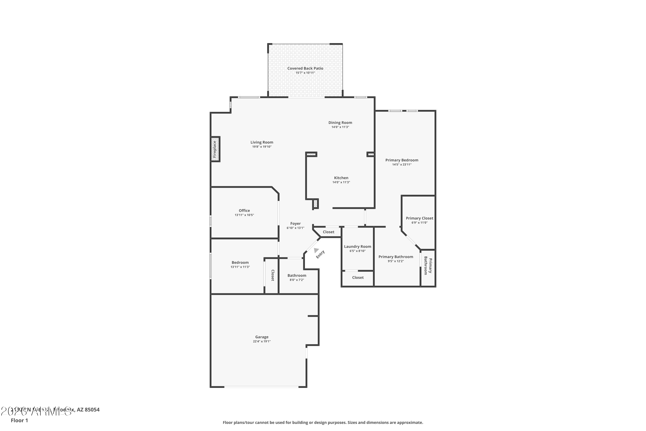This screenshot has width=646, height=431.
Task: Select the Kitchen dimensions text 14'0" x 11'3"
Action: (341, 182)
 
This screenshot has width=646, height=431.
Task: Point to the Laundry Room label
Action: (357, 247)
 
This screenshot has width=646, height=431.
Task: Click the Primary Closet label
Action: (419, 218)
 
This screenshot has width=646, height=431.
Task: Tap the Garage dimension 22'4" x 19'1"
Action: (262, 341)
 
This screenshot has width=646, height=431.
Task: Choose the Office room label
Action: (244, 211)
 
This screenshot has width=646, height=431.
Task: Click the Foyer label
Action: (295, 223)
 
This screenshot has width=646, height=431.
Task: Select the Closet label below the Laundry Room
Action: (358, 278)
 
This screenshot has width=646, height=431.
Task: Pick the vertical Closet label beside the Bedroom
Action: (272, 275)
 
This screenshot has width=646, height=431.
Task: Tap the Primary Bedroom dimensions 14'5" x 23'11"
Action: (402, 165)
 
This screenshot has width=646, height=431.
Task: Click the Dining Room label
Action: (340, 123)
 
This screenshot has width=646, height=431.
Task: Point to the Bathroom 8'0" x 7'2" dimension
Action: (297, 280)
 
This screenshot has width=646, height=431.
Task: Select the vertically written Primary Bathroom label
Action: (428, 265)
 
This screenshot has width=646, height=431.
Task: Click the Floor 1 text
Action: (19, 420)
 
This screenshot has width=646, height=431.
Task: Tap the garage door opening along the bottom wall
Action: (261, 387)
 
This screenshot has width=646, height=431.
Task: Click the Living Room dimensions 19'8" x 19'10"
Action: (262, 147)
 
